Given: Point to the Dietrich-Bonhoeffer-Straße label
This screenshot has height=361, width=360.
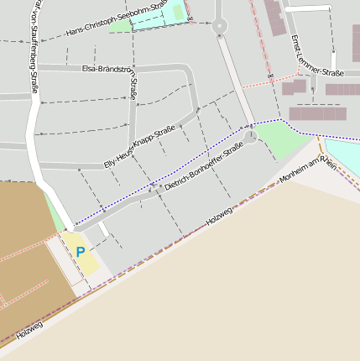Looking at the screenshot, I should pyautogui.click(x=204, y=167).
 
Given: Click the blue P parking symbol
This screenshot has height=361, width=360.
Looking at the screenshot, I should pyautogui.click(x=81, y=251).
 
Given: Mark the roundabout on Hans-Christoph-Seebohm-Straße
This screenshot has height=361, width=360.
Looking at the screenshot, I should pyautogui.click(x=220, y=25).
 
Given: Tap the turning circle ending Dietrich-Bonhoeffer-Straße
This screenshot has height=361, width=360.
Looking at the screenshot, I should pyautogui.click(x=250, y=137).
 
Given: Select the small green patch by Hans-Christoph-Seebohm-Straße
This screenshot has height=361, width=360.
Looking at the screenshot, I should pyautogui.click(x=122, y=24).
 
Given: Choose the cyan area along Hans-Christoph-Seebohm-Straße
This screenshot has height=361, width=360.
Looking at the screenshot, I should pyautogui.click(x=159, y=15).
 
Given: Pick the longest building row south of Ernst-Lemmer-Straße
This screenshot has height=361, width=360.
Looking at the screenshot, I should pyautogui.click(x=317, y=113).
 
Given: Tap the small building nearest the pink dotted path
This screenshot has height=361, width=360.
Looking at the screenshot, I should pyautogui.click(x=294, y=86).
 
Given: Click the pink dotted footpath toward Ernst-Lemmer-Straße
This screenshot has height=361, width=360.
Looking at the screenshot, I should pyautogui.click(x=260, y=84).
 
